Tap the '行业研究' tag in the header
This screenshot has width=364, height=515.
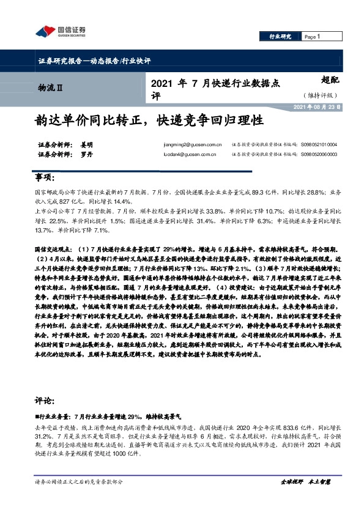click(281, 37)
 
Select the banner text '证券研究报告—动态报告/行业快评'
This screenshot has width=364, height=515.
click(90, 61)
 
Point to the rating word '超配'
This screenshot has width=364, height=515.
click(329, 80)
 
